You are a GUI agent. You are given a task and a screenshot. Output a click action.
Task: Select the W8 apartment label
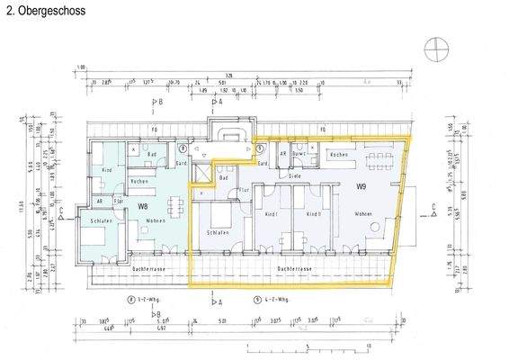143,207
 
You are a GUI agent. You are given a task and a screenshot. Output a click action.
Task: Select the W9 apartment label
361,186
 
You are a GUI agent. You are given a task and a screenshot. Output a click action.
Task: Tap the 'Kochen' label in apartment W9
339,156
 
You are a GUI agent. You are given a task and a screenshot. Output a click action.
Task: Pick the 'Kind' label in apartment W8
106,170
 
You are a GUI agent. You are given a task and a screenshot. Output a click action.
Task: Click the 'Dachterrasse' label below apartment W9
294,267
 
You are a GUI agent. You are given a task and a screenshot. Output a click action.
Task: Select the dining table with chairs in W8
173,202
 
